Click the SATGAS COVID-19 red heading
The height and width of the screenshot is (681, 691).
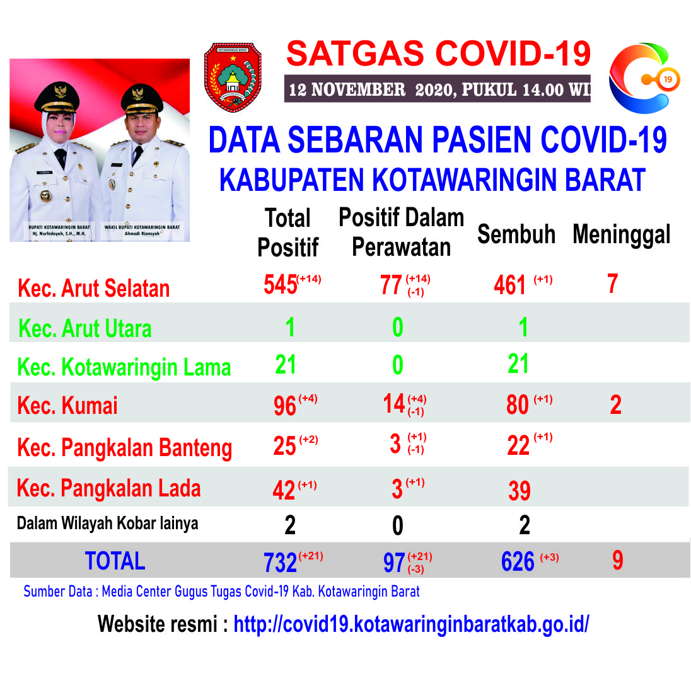click(x=438, y=54)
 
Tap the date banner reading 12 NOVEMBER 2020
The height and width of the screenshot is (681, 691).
click(x=437, y=89)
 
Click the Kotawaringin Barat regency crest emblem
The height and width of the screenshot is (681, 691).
click(x=233, y=77)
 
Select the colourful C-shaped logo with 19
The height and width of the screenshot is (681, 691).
click(x=644, y=78)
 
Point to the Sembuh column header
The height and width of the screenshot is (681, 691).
click(x=516, y=234)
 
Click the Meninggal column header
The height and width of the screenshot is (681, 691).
click(x=622, y=234)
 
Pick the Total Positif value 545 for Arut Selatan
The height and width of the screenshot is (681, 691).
click(x=281, y=284)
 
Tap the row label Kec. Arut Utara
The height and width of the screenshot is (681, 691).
click(x=84, y=328)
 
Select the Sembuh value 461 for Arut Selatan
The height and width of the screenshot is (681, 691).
click(x=510, y=285)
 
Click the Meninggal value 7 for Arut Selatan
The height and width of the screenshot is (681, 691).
click(x=613, y=283)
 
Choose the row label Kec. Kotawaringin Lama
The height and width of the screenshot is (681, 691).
click(x=124, y=367)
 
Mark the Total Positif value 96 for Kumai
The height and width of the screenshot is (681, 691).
click(x=285, y=406)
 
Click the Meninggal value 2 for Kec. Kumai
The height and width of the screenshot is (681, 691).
click(x=615, y=404)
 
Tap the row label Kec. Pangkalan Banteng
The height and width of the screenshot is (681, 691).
click(x=125, y=448)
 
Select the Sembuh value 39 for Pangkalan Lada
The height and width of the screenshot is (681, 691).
click(x=519, y=491)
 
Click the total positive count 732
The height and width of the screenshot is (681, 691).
click(x=281, y=563)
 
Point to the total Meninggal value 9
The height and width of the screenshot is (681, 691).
click(x=618, y=561)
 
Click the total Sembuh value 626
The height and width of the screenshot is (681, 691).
click(x=518, y=562)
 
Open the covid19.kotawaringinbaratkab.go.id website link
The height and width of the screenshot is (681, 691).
click(x=411, y=624)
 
